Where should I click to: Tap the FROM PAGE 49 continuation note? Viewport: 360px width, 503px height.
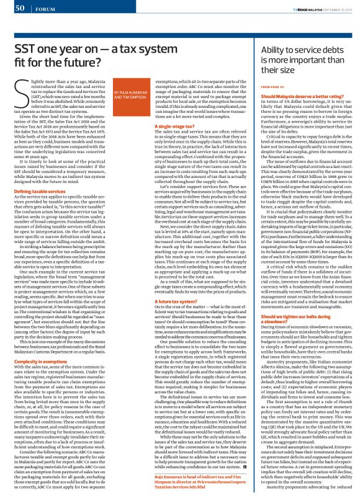[x=274, y=87]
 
